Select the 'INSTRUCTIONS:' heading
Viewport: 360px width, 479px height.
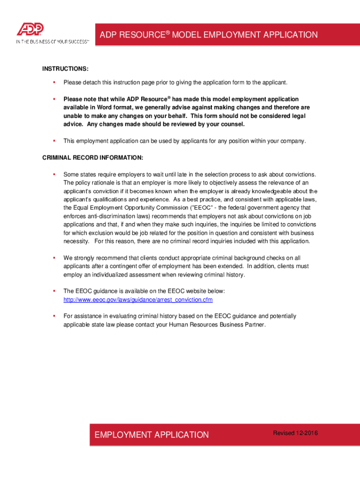pos(65,69)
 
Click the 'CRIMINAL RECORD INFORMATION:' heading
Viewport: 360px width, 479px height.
pos(93,158)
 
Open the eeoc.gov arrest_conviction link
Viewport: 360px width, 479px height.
pos(138,299)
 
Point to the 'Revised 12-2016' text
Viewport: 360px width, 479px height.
pos(295,433)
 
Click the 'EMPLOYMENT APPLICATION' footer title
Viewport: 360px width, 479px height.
pos(151,435)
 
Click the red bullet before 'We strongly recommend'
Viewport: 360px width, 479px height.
pos(54,258)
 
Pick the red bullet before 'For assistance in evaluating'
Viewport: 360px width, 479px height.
pos(54,316)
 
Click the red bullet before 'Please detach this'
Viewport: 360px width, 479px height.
pos(54,83)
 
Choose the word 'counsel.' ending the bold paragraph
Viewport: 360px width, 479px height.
pos(231,124)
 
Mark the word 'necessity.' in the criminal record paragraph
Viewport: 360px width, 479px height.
pos(76,241)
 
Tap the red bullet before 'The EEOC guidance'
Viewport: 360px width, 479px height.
pos(54,291)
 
